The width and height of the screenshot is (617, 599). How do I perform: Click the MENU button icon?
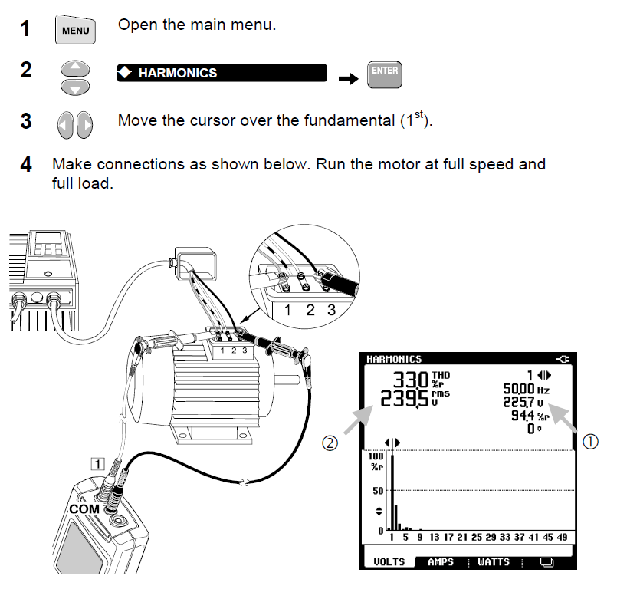pos(75,31)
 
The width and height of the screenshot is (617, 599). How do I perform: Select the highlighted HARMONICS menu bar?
pos(222,74)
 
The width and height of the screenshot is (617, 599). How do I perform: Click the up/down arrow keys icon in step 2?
pos(74,77)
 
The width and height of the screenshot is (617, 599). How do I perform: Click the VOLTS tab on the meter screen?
pos(389,561)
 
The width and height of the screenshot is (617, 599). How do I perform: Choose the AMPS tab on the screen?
pos(440,561)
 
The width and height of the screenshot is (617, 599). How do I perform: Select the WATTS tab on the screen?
pos(493,561)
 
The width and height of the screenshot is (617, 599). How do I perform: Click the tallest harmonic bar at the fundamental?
pos(392,491)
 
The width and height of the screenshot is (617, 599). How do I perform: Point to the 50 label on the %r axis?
pos(376,490)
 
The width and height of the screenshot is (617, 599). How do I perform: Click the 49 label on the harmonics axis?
pos(563,538)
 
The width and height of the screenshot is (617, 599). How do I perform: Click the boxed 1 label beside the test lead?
pos(97,462)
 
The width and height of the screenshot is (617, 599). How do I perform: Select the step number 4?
pos(26,164)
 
